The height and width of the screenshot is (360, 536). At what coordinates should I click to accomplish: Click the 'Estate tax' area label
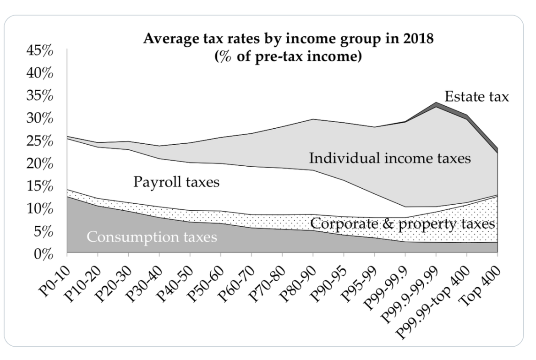click(x=477, y=97)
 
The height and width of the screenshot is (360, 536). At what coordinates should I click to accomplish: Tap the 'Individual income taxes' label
click(x=390, y=158)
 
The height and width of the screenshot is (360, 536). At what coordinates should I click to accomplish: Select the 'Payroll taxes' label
click(x=176, y=182)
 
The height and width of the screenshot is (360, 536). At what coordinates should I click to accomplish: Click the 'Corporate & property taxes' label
click(x=403, y=224)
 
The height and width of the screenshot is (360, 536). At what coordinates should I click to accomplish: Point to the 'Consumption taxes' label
click(x=152, y=237)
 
